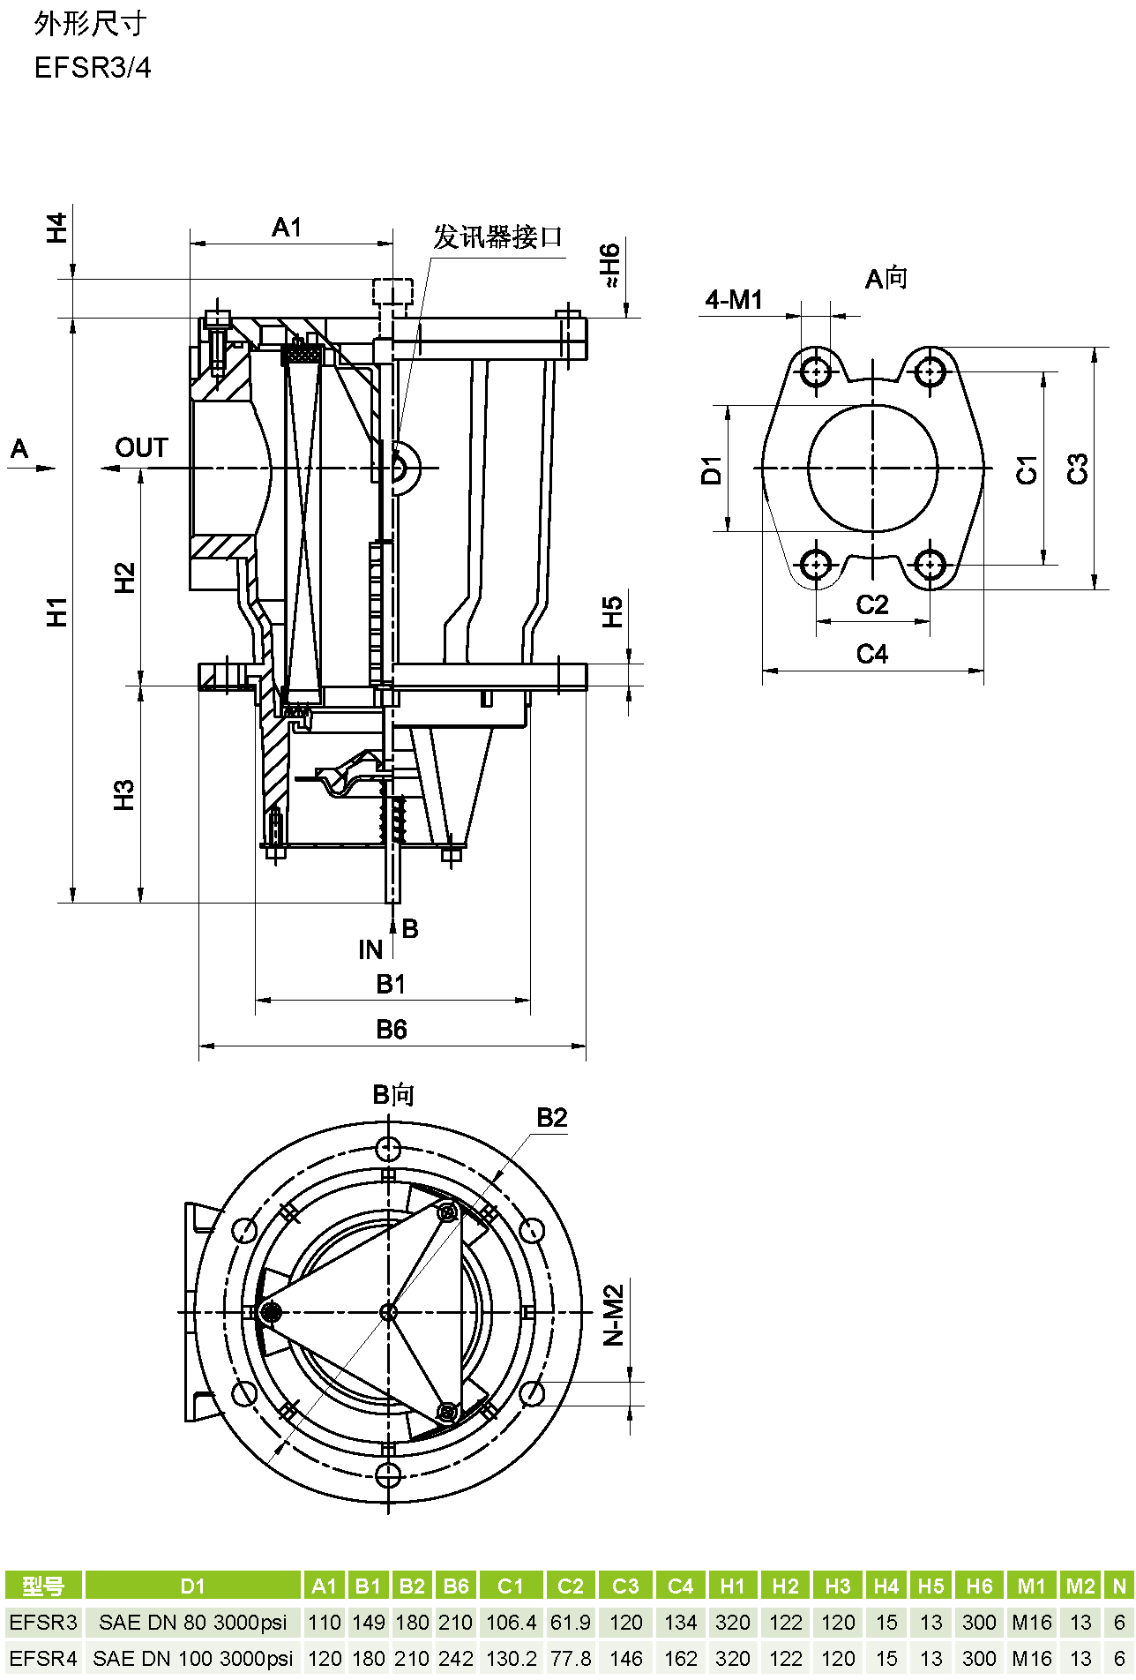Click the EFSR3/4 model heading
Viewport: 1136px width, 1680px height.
[93, 68]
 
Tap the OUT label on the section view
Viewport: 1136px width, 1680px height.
[141, 448]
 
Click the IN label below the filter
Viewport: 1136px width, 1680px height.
[370, 949]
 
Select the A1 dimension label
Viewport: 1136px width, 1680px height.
[287, 228]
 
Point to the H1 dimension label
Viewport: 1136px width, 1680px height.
[57, 611]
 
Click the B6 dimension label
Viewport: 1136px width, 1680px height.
[392, 1029]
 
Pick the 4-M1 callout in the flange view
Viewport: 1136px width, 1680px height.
[734, 300]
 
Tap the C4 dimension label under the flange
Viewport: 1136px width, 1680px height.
[872, 654]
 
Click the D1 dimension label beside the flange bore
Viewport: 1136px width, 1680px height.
[712, 470]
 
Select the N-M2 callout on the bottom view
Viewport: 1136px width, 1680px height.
[614, 1315]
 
